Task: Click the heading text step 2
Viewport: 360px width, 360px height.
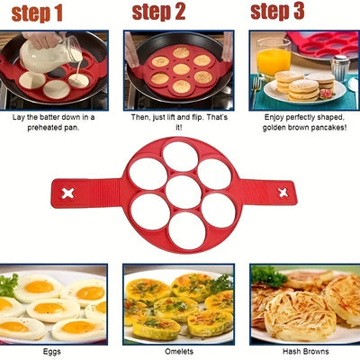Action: pos(158,12)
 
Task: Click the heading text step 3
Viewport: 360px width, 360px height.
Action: pos(277,12)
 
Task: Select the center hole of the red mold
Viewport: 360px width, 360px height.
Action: pos(184,192)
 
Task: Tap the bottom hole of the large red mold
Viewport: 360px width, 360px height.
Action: pos(184,229)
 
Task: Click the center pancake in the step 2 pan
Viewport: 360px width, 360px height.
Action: pos(180,68)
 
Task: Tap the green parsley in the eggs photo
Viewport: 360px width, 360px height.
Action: pos(8,284)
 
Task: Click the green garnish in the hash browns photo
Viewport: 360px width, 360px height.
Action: pos(268,275)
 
